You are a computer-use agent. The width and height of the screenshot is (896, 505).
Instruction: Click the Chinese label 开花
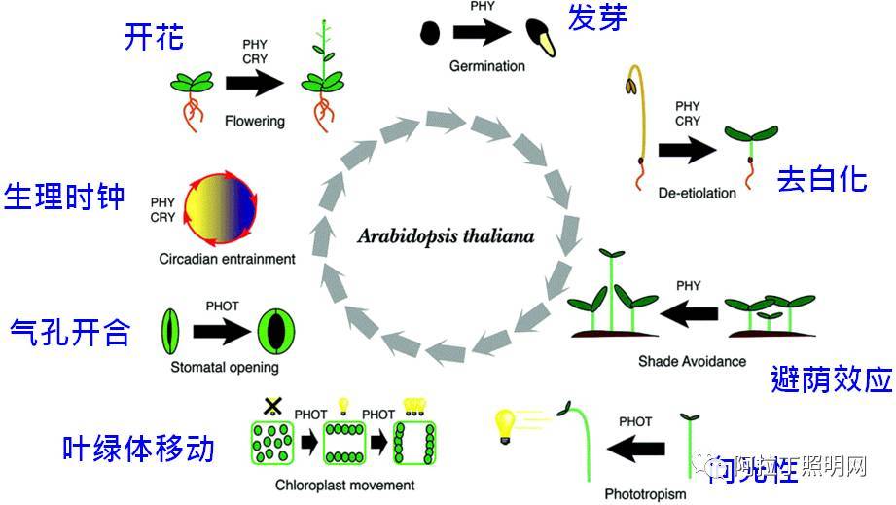pyautogui.click(x=155, y=38)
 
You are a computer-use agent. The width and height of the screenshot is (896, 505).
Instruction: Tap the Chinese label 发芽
pyautogui.click(x=596, y=18)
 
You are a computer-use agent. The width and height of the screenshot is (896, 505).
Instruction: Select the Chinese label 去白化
pyautogui.click(x=822, y=179)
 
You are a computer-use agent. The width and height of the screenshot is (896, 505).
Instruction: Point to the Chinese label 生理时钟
pyautogui.click(x=65, y=196)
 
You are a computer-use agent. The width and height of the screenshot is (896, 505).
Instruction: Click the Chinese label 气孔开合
pyautogui.click(x=69, y=332)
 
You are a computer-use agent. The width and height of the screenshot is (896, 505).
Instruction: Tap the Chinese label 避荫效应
pyautogui.click(x=831, y=379)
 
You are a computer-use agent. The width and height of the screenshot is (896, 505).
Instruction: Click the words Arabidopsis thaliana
pyautogui.click(x=446, y=236)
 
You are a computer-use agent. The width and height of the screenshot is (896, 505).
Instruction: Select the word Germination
pyautogui.click(x=487, y=66)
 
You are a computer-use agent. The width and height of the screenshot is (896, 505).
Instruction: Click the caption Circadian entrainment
pyautogui.click(x=228, y=260)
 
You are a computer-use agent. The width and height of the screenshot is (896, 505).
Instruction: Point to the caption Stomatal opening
pyautogui.click(x=225, y=368)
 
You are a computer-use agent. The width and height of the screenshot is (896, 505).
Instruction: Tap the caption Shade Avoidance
pyautogui.click(x=692, y=361)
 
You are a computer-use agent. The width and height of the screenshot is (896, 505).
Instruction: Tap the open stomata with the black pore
pyautogui.click(x=275, y=331)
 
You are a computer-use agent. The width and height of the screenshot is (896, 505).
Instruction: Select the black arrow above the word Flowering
pyautogui.click(x=254, y=84)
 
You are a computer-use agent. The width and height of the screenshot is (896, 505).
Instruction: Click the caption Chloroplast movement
pyautogui.click(x=332, y=485)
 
